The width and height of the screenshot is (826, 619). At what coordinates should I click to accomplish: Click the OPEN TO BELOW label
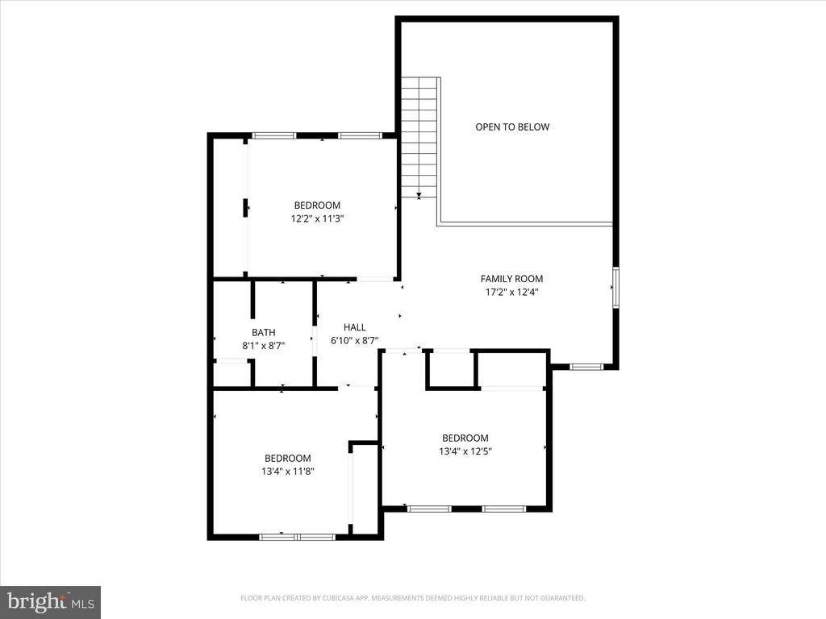512,127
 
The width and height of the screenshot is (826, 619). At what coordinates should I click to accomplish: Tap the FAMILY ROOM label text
511,279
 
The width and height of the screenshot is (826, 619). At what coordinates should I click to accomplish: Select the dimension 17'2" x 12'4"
511,293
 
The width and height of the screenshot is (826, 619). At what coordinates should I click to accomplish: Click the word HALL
355,327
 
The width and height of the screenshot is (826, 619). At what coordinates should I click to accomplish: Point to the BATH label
263,332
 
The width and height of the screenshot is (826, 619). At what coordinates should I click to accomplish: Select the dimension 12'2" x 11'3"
317,218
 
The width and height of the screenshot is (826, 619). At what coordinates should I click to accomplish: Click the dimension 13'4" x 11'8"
287,472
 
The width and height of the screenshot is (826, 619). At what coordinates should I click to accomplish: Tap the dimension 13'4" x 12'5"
465,452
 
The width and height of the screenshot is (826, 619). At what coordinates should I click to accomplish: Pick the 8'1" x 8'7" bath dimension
263,345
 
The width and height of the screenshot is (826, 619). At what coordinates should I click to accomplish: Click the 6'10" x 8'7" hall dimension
355,340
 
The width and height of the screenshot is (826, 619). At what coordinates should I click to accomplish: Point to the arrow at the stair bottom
419,195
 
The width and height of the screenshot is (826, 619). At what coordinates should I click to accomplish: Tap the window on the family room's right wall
615,288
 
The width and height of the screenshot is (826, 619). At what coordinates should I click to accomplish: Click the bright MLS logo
50,601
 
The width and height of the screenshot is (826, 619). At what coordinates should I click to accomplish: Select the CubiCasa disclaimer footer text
412,598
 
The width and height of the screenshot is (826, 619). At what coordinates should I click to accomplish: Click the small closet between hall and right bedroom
451,370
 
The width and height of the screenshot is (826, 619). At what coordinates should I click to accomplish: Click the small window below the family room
586,367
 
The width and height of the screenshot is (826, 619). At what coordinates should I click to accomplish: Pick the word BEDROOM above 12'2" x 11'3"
317,206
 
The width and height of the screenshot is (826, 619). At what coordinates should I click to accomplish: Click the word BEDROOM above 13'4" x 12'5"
465,438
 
